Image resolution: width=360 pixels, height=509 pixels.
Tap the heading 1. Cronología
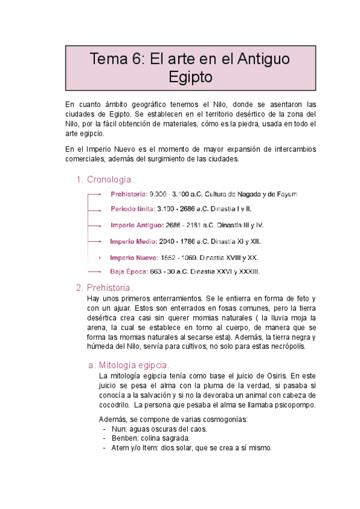tap(110, 179)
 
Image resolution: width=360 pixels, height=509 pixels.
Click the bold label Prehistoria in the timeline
tap(128, 194)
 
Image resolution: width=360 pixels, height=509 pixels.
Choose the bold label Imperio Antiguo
tap(137, 226)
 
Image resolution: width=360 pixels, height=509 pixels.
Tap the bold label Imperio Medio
tap(134, 241)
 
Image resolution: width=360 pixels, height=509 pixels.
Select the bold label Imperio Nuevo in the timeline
tap(134, 258)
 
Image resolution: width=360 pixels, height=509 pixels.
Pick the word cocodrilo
tap(115, 405)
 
